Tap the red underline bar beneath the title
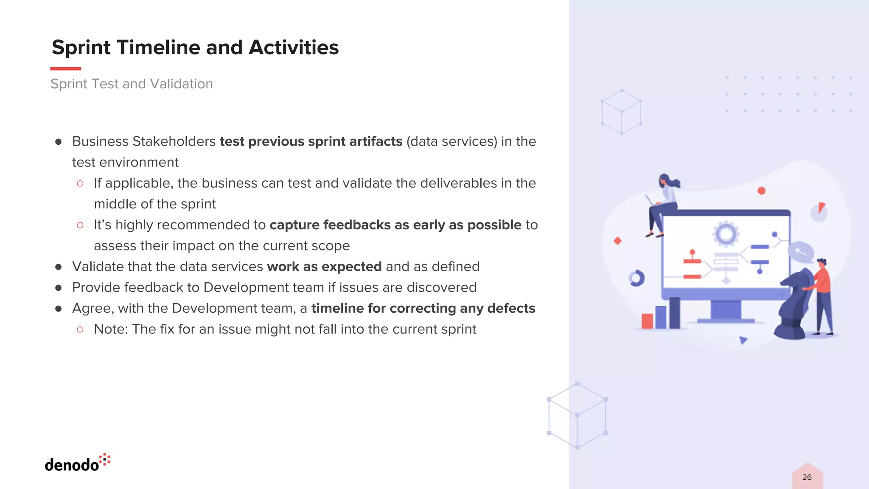coord(65,68)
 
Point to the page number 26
coord(807,477)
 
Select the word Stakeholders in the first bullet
coord(174,141)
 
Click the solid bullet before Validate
coord(59,267)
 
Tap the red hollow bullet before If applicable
coord(80,183)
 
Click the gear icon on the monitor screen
coord(726,234)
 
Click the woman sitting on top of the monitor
coord(664,204)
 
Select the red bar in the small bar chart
coord(647,321)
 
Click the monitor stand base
coord(726,321)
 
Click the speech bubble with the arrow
coord(801,252)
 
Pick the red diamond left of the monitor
coord(618,241)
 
